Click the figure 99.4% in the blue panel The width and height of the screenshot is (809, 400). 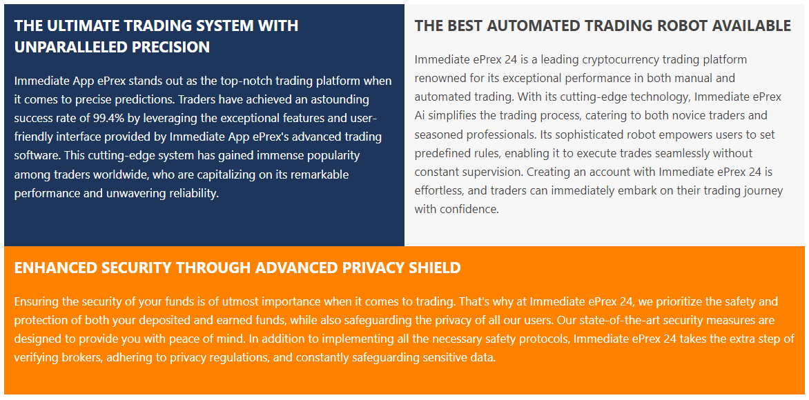tap(107, 118)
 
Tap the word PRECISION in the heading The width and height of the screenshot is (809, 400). tap(170, 47)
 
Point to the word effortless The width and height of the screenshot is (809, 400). tap(438, 191)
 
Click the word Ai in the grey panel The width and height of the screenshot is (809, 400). tap(420, 115)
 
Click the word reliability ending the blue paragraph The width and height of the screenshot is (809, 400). tap(193, 194)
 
